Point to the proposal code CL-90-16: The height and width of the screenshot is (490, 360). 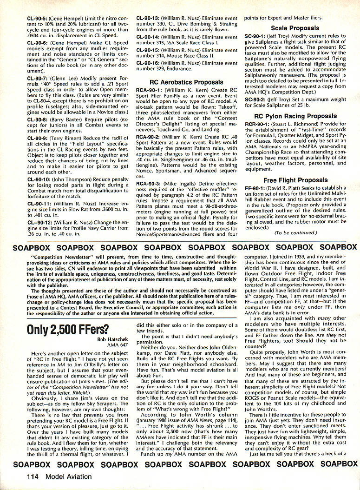point(150,63)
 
